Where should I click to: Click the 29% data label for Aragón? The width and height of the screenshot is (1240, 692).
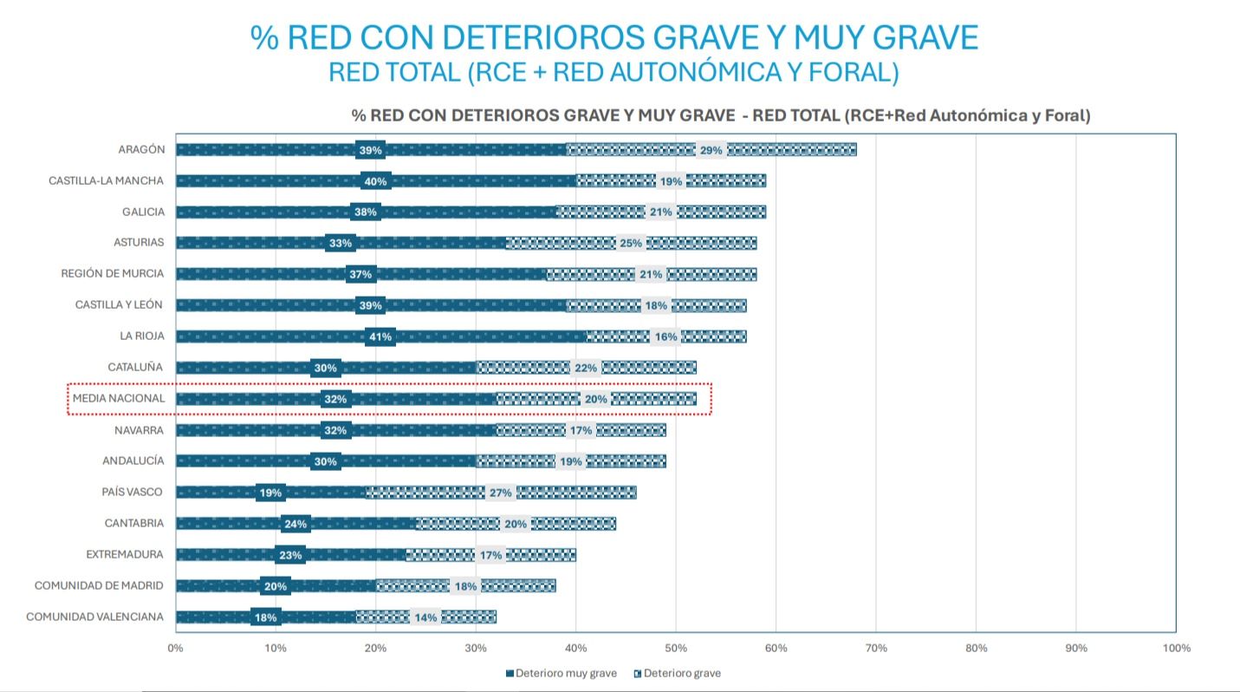click(x=711, y=150)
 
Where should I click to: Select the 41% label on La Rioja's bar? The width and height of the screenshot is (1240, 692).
click(x=380, y=336)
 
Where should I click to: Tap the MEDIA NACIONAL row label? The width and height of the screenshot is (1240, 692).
click(x=119, y=399)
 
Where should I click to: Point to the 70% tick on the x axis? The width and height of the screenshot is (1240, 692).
click(x=876, y=648)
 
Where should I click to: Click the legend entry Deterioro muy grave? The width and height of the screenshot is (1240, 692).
click(x=561, y=673)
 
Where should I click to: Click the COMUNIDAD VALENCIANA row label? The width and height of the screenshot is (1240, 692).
click(x=94, y=617)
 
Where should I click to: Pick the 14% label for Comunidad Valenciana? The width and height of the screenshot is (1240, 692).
click(x=425, y=617)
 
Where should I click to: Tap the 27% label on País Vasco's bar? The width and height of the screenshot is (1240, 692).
click(x=501, y=493)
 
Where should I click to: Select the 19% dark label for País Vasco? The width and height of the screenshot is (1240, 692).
click(x=270, y=493)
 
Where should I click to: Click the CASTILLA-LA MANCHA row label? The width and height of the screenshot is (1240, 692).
click(x=106, y=180)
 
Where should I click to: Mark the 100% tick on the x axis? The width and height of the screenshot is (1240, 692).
click(x=1176, y=648)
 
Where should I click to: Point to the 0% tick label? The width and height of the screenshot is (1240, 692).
click(x=175, y=648)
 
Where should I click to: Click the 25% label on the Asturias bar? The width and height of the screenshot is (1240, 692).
click(x=631, y=243)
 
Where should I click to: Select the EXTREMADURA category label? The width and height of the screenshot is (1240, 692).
click(x=125, y=554)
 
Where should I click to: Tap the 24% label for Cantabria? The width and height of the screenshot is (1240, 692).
click(x=295, y=524)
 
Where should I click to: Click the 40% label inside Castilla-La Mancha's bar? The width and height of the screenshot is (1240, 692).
click(x=375, y=181)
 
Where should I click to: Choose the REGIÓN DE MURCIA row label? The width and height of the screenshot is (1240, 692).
click(x=112, y=273)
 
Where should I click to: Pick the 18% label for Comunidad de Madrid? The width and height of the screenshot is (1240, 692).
click(x=465, y=586)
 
